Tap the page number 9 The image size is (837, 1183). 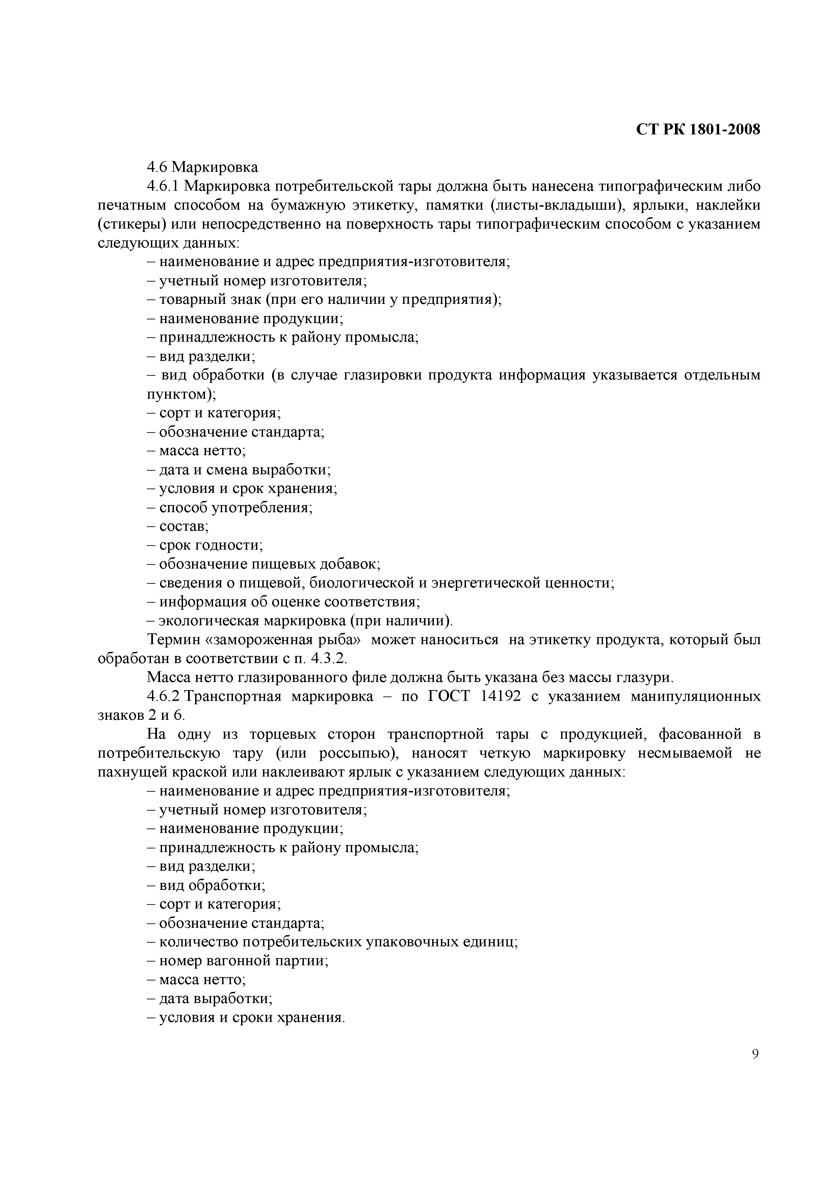pyautogui.click(x=755, y=1054)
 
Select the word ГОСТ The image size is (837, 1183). pyautogui.click(x=449, y=696)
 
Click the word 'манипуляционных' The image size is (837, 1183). pyautogui.click(x=696, y=696)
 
